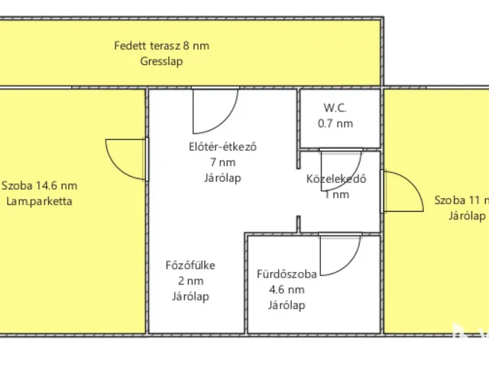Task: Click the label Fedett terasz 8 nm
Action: coord(161,46)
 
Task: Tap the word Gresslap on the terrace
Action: coord(161,62)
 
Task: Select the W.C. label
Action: coord(335,108)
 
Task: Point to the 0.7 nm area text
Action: coord(335,123)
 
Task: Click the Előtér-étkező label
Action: coord(222,148)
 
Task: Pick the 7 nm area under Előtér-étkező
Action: coord(222,162)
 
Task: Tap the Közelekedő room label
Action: coord(337,180)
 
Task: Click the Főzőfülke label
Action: coord(190,266)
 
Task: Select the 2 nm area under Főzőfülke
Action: coord(190,281)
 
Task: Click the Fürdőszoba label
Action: coord(287,274)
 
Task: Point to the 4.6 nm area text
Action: coord(287,290)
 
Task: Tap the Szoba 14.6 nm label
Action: coord(39,186)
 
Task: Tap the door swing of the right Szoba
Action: coord(403,191)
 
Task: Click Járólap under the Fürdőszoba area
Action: coord(287,306)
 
